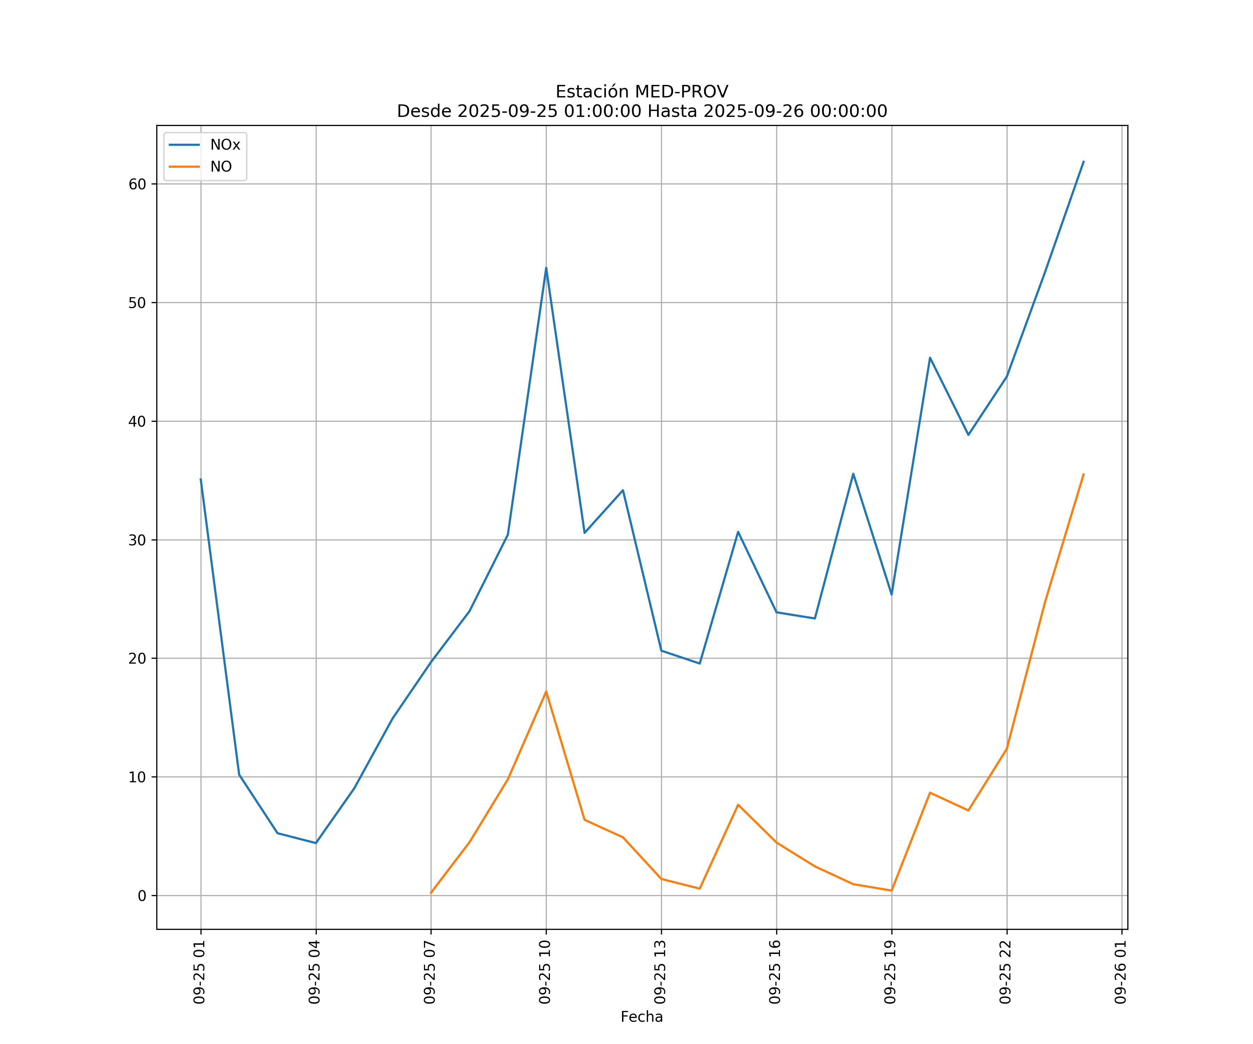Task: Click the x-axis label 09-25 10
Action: coord(545,972)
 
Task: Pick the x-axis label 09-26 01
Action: coord(1120,972)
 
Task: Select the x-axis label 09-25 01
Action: coord(199,972)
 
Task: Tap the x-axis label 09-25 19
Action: coord(890,972)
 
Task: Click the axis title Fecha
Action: coord(641,1017)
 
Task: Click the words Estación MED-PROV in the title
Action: coord(641,92)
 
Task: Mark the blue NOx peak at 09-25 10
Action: coord(546,268)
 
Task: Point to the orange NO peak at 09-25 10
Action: coord(546,691)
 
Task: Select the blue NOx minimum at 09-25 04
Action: coord(316,843)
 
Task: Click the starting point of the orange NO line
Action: coord(431,893)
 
